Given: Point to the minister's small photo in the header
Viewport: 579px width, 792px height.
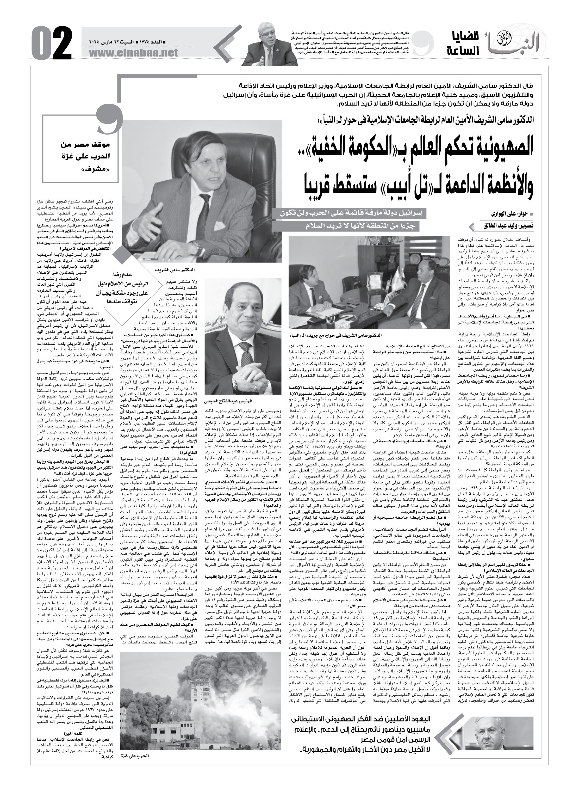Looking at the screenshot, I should [x=266, y=44].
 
